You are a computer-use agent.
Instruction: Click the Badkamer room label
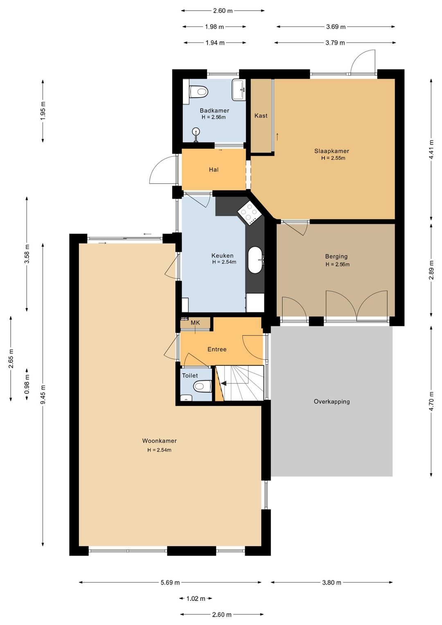click(214, 111)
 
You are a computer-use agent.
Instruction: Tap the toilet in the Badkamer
click(198, 91)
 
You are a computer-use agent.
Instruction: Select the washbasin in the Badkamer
click(239, 90)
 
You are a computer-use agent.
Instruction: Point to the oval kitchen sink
click(255, 260)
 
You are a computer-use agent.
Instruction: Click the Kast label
click(261, 115)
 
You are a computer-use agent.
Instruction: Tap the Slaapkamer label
click(331, 151)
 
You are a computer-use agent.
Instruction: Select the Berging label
click(336, 256)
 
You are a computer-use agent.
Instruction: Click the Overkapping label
click(331, 401)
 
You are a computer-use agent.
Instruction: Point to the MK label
click(195, 323)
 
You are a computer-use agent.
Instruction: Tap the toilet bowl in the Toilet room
click(202, 386)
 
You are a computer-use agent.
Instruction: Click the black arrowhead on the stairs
click(223, 384)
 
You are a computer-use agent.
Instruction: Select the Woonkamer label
click(159, 441)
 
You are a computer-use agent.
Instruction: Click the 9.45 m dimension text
click(43, 394)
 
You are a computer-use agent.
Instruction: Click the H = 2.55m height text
click(333, 158)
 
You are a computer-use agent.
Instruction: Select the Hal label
click(214, 170)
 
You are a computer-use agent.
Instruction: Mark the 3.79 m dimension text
click(335, 43)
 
